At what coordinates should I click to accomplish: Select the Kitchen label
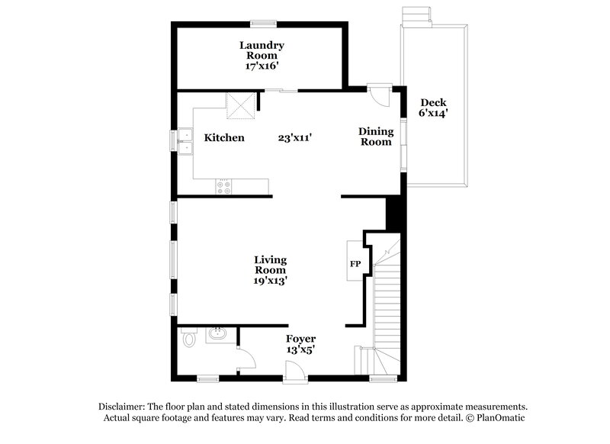click(224, 138)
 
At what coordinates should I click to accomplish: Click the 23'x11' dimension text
click(296, 138)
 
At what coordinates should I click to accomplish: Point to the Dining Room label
click(375, 137)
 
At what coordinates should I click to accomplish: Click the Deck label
click(432, 103)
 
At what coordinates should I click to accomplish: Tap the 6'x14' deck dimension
click(432, 114)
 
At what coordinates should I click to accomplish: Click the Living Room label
click(270, 265)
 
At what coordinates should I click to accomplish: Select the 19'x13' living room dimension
click(270, 281)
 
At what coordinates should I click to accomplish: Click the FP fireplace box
click(355, 263)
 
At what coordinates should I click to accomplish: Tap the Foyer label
click(300, 339)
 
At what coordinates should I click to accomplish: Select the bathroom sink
click(217, 333)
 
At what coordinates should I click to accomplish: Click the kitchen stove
click(225, 184)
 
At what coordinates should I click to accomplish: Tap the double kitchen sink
click(185, 140)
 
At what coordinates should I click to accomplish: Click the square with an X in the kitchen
click(241, 106)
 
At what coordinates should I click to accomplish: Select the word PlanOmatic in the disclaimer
click(499, 418)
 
